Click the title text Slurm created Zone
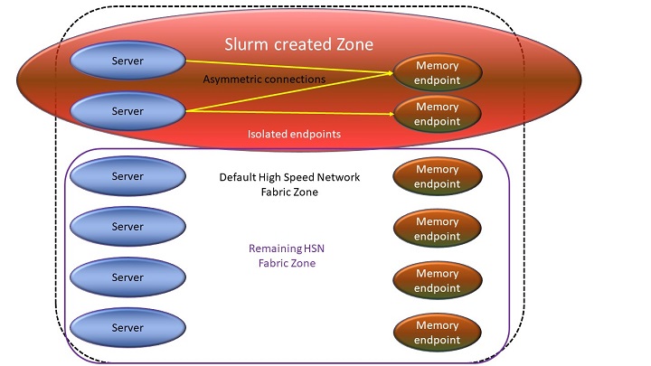298,44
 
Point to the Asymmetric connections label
264,80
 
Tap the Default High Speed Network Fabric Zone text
289,184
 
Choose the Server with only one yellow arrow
127,61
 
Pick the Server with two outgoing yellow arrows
127,110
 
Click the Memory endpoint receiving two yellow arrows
437,73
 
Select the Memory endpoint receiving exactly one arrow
437,114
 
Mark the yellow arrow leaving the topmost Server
289,67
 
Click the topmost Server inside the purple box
127,176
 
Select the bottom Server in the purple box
127,327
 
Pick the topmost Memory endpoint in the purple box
437,176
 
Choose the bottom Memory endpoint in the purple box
437,333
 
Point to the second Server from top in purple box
127,227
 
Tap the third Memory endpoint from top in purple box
437,281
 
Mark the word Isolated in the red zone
269,134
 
